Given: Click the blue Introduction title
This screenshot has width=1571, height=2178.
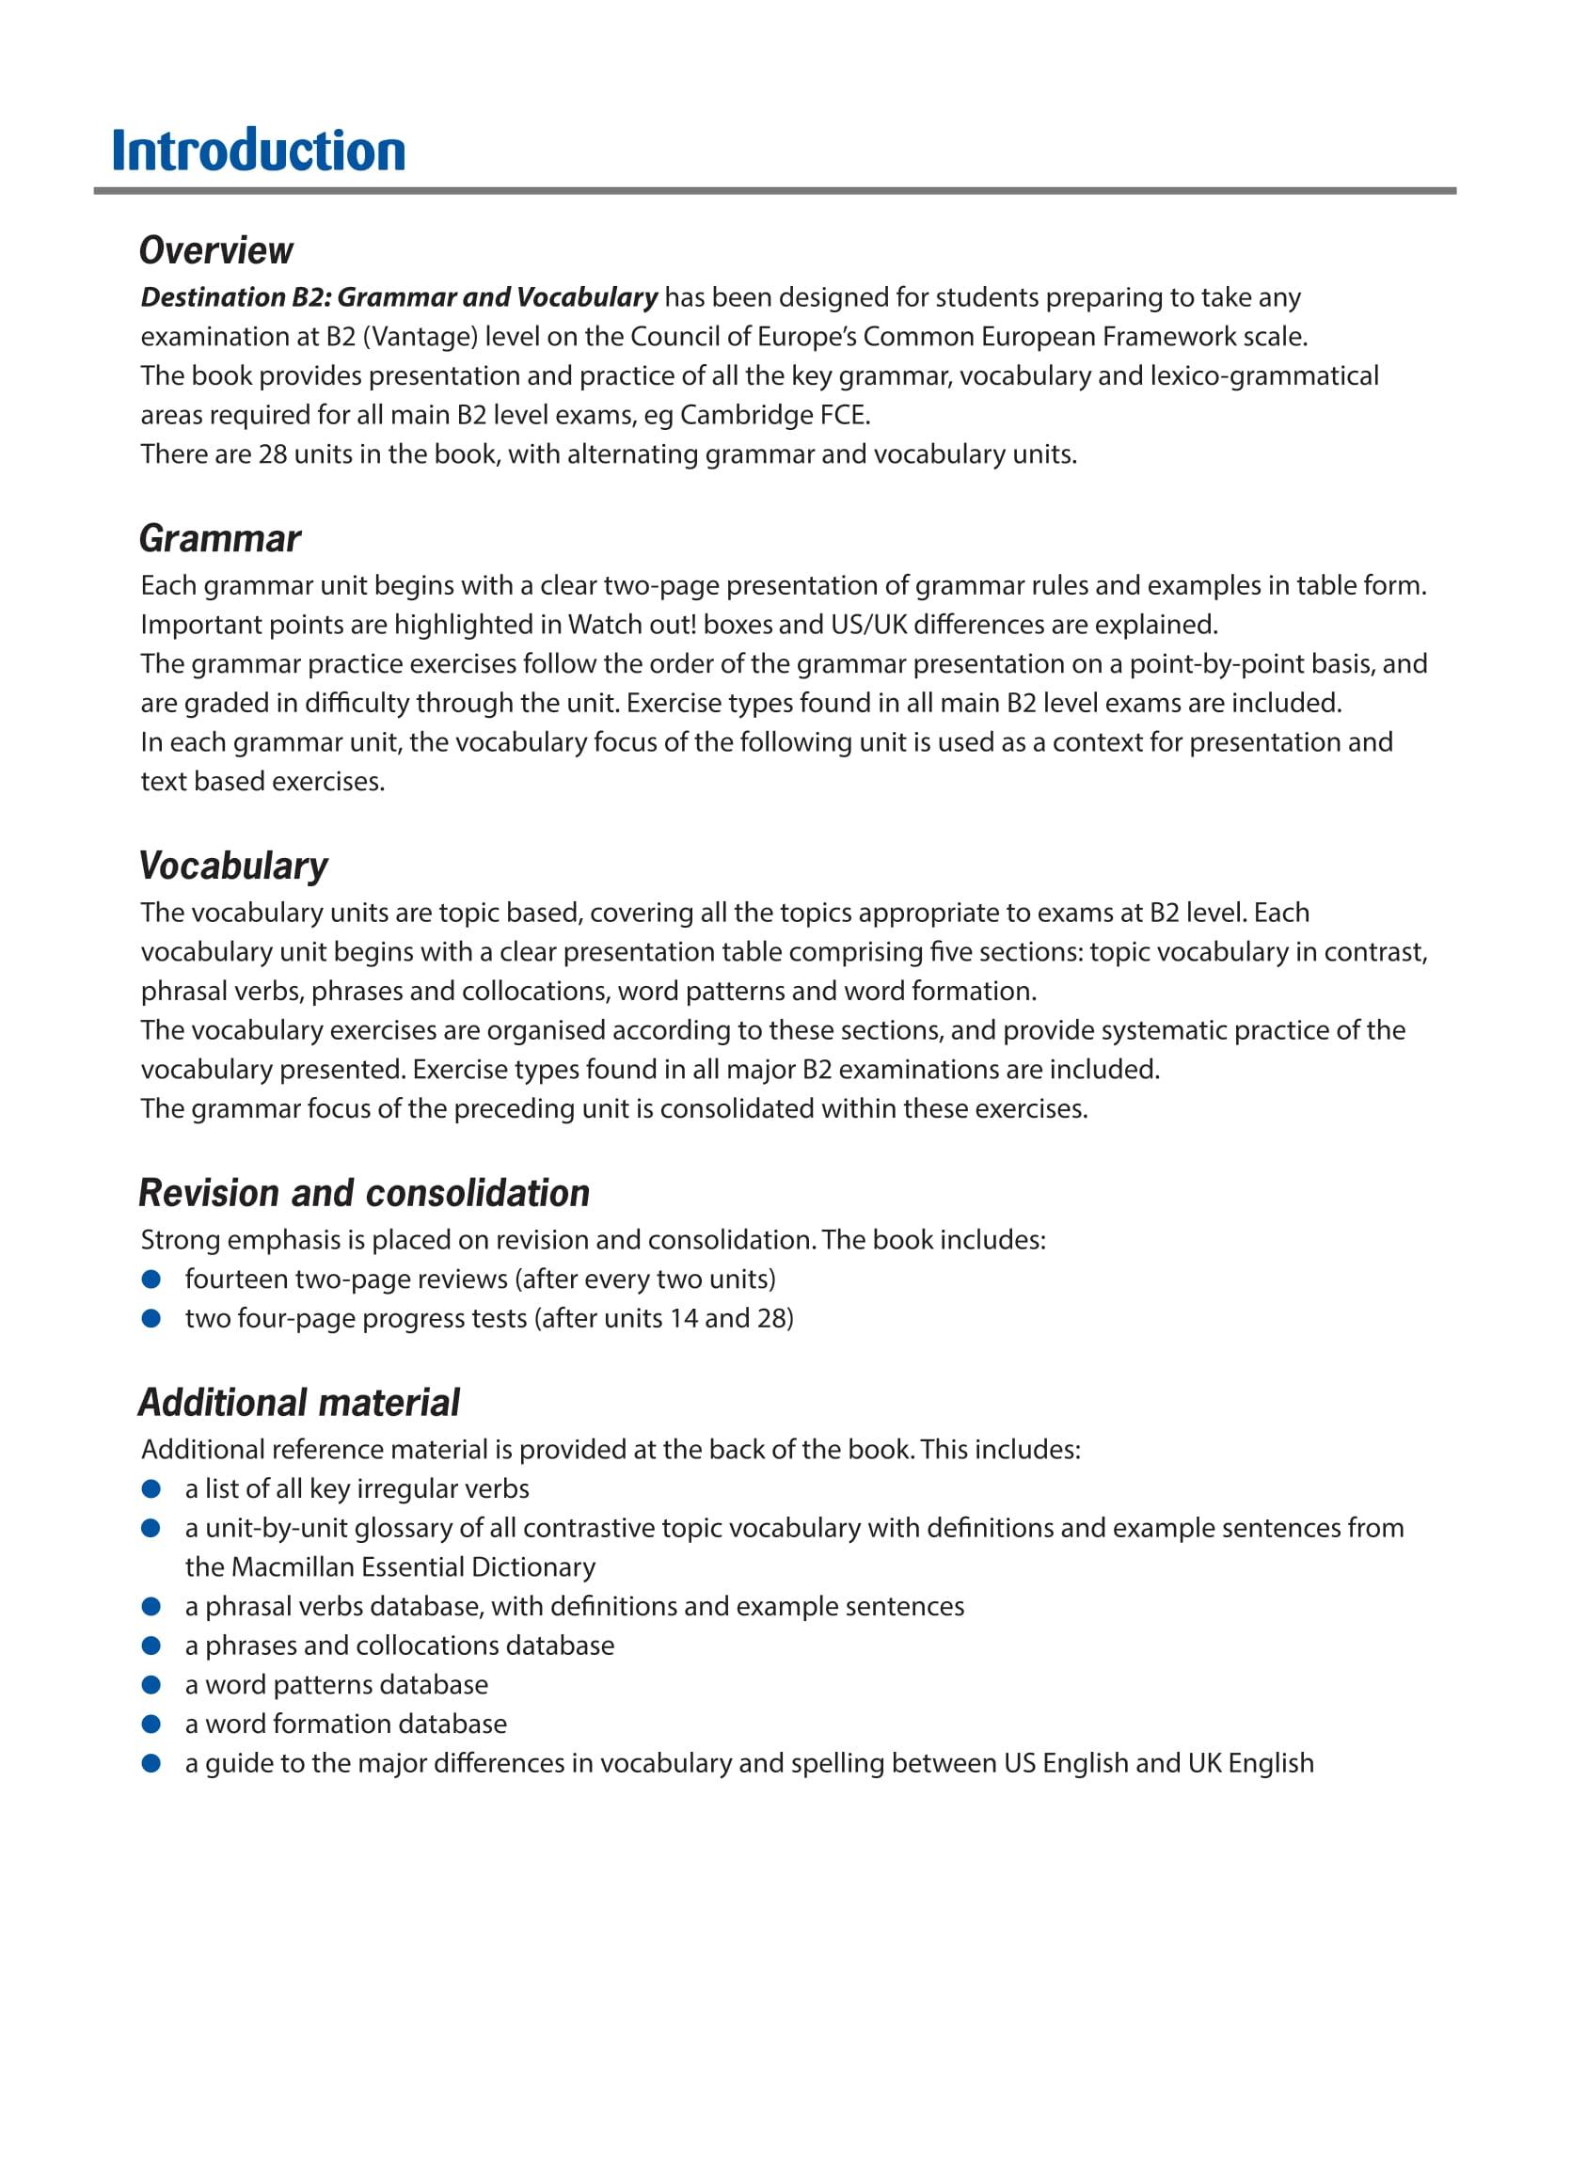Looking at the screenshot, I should point(259,151).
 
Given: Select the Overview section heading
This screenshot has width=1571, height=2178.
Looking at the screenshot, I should point(216,250).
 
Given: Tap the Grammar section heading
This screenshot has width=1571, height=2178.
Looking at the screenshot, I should point(220,539).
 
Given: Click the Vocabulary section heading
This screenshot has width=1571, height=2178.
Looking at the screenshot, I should point(233,866).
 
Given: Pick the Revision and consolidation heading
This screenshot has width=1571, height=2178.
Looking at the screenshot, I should point(364,1194).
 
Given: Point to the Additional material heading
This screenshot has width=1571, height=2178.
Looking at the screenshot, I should point(298,1403).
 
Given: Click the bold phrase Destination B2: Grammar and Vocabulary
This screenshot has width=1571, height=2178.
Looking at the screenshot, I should point(399,297).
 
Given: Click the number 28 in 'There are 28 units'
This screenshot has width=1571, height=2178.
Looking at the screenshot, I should point(273,454).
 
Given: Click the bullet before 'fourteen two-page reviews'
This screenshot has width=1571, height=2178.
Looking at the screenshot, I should point(151,1280).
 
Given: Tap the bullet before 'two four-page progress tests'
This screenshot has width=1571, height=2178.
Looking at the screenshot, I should point(151,1318).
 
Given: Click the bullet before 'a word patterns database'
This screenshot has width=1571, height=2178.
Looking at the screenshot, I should point(151,1684).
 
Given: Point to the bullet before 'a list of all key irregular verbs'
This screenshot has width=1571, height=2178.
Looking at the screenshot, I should point(151,1488).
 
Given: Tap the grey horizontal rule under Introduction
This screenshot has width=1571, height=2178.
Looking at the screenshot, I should point(774,191).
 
